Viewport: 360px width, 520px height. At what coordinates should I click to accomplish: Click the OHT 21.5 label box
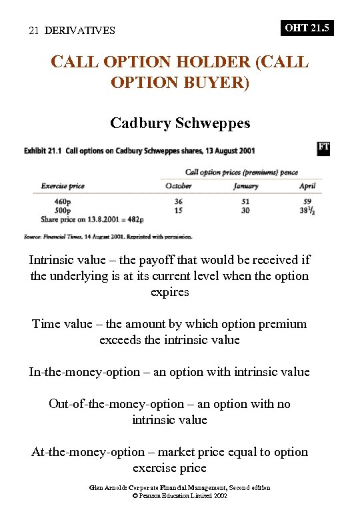[x=307, y=28]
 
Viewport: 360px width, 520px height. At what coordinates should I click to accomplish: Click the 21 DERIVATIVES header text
[x=72, y=31]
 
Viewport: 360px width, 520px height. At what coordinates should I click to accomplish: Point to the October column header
[x=178, y=186]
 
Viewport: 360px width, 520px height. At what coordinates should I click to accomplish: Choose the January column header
[x=246, y=186]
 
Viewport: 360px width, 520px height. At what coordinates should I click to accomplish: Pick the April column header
[x=307, y=186]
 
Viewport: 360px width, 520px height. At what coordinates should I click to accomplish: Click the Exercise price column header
[x=63, y=186]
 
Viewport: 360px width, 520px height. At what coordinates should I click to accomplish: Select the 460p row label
[x=66, y=201]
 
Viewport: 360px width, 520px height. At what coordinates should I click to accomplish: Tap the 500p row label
[x=66, y=210]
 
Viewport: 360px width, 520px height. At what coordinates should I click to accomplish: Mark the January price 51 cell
[x=246, y=201]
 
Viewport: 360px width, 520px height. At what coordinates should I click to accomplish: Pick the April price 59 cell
[x=307, y=201]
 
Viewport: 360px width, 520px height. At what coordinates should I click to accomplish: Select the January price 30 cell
[x=246, y=210]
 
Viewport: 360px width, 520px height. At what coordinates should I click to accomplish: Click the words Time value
[x=63, y=325]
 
